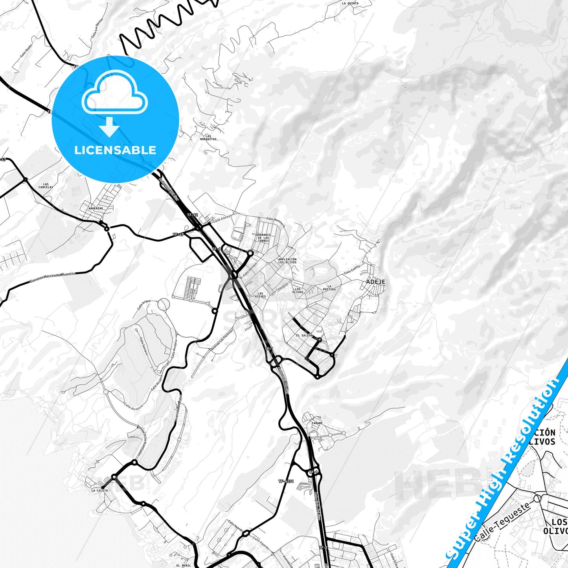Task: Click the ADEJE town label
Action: pos(375,282)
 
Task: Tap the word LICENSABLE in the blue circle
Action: pos(115,150)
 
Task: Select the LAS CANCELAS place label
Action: pos(46,186)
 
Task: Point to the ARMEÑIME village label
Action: pos(96,209)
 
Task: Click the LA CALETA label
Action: pos(99,491)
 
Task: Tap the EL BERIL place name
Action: pos(184,565)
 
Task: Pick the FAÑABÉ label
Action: pos(317,423)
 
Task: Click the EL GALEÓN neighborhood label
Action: pos(304,335)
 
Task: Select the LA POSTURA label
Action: pos(329,288)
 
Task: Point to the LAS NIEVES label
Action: pos(260,295)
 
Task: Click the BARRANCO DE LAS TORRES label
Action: pos(263,238)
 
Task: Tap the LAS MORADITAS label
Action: pos(208,138)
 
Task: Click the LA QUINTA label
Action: pos(350,3)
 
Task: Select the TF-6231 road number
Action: pos(286,481)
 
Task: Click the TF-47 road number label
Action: pos(178,234)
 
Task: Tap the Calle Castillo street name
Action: pos(352,270)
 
